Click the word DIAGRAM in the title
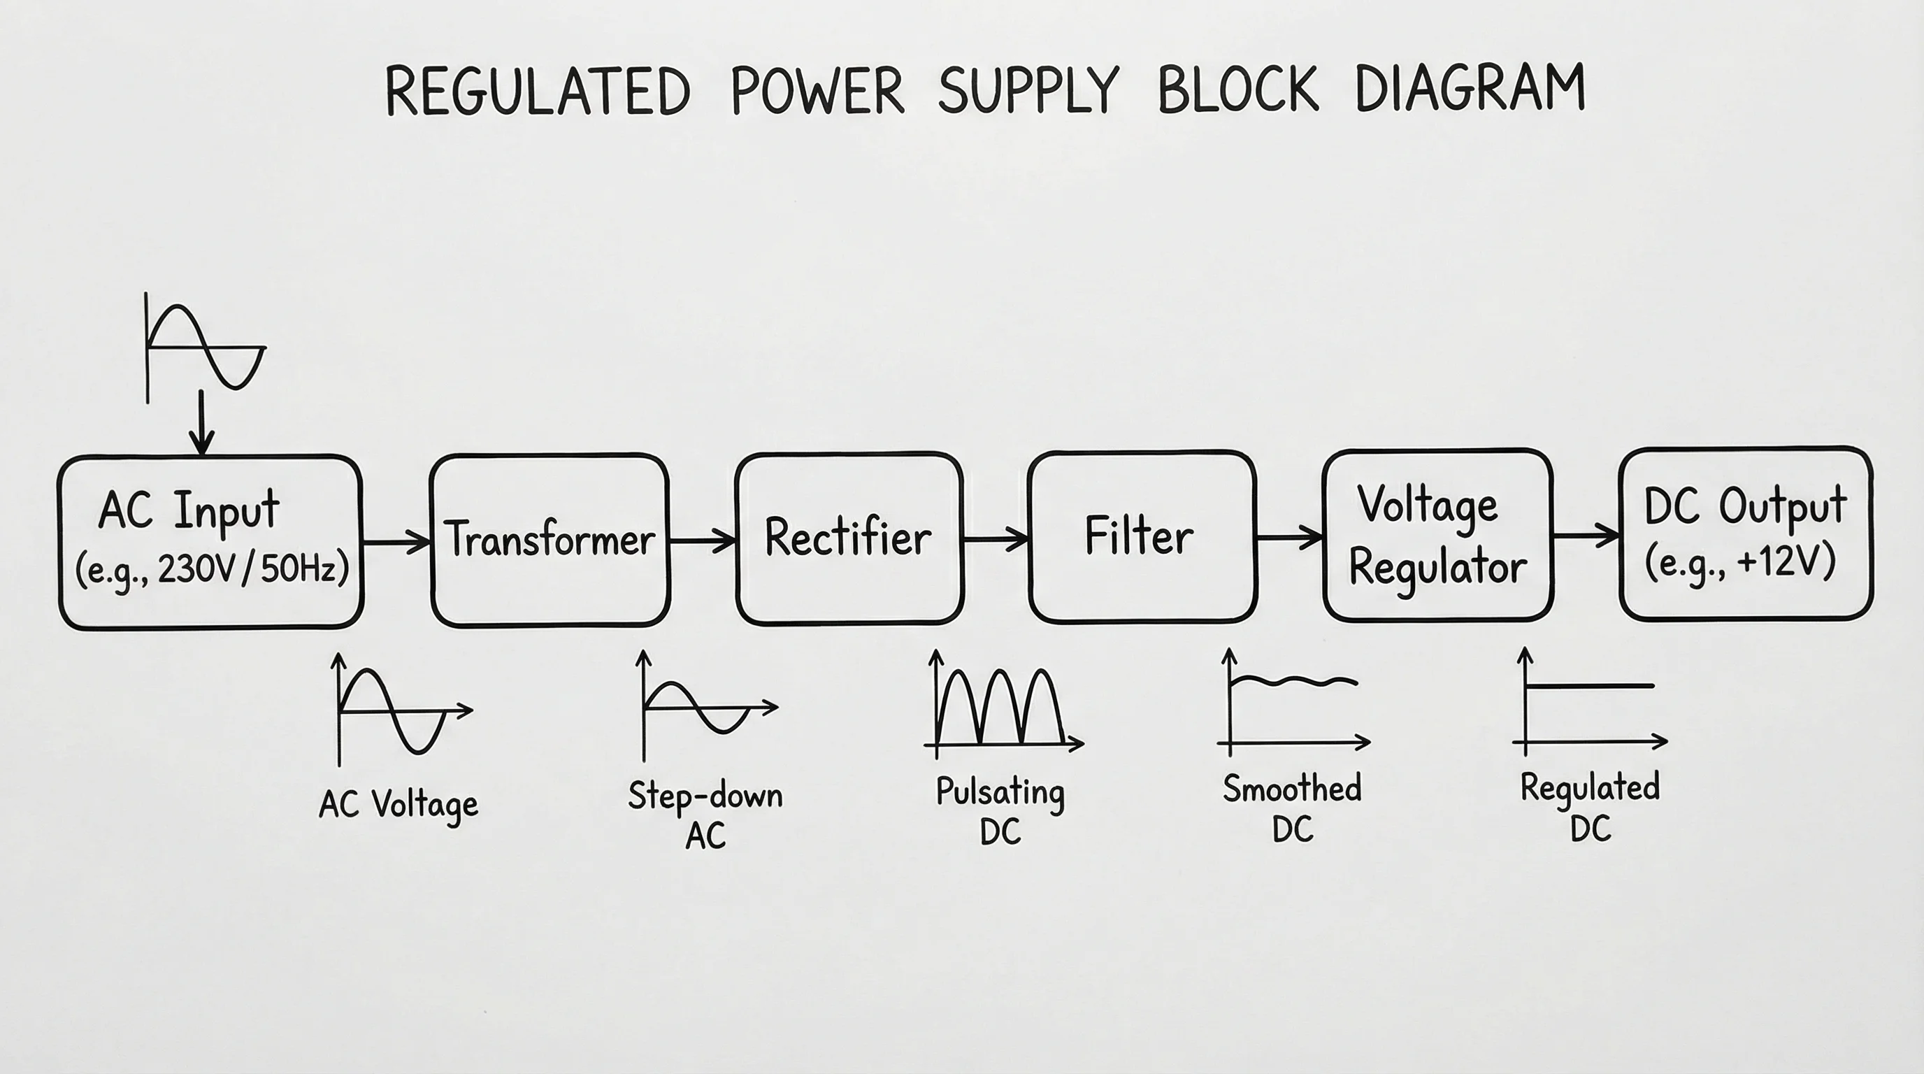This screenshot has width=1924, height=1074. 1469,89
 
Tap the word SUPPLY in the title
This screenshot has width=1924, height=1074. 1028,90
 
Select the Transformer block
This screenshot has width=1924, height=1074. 550,539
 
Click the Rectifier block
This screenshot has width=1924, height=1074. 849,537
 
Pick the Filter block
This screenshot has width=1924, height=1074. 1140,536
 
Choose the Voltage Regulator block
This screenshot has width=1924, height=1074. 1437,535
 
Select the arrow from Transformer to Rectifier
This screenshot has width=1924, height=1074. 702,540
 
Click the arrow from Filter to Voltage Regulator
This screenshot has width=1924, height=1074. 1289,537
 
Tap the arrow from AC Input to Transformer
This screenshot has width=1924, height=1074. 396,540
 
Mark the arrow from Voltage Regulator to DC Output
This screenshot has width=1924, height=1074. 1585,536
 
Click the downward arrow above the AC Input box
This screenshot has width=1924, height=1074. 201,422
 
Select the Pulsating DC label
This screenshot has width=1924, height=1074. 1000,810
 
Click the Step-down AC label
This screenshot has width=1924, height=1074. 705,814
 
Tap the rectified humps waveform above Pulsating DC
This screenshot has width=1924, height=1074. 1001,706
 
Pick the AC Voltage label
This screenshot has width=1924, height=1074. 398,805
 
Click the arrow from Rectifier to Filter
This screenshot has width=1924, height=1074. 996,538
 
